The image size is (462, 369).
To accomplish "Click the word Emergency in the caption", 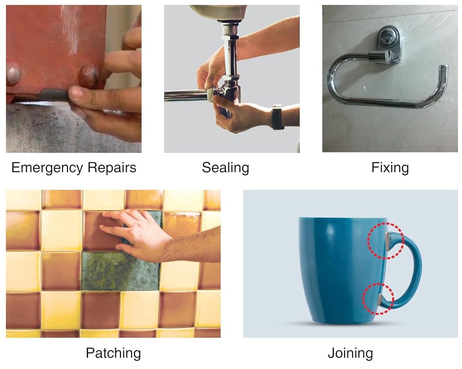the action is (x=47, y=168).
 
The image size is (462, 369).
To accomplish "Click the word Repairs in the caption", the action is (x=112, y=167).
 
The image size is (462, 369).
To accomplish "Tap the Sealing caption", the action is (x=225, y=168).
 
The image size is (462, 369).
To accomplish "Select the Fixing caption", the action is (x=390, y=168).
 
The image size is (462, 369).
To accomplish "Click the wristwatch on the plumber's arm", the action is (x=277, y=117).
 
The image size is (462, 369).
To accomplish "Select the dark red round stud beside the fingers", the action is (x=88, y=76).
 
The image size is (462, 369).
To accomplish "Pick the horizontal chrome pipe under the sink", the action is (x=186, y=96).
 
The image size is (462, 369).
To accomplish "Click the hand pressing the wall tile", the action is (x=135, y=232).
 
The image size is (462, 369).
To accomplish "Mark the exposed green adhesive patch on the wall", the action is (x=120, y=271).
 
